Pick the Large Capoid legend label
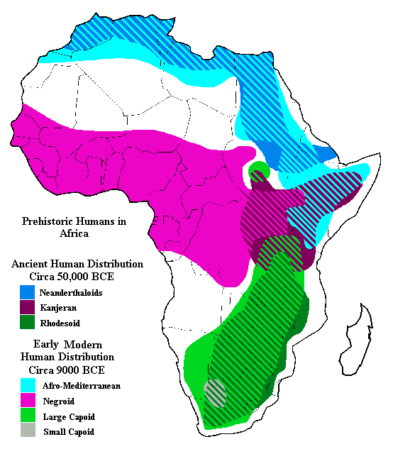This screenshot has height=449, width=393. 69,417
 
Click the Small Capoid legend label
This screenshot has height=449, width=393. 69,432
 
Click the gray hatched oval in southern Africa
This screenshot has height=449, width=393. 216,392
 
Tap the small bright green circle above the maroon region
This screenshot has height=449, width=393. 260,170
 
